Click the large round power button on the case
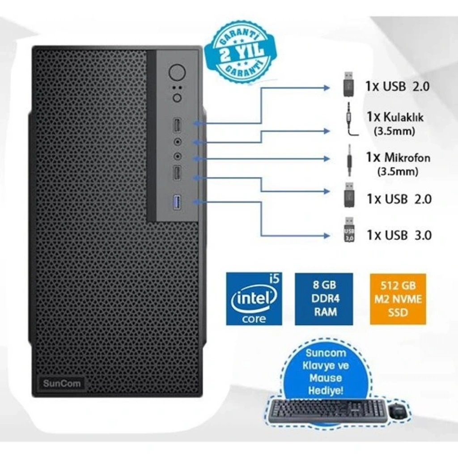point(177,72)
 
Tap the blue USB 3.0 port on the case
point(177,203)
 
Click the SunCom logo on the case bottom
point(62,383)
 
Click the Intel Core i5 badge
point(254,299)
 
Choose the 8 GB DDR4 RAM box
point(324,299)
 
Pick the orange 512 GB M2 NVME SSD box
point(398,299)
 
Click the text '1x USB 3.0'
point(399,235)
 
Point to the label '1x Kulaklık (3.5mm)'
point(395,123)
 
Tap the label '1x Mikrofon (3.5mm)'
point(398,164)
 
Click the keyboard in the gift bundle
point(327,412)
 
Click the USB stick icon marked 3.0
point(349,229)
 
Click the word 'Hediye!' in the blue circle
point(326,390)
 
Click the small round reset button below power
point(177,98)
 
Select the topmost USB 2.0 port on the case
point(177,125)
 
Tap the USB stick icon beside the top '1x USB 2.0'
point(349,84)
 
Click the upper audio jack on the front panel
point(177,142)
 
